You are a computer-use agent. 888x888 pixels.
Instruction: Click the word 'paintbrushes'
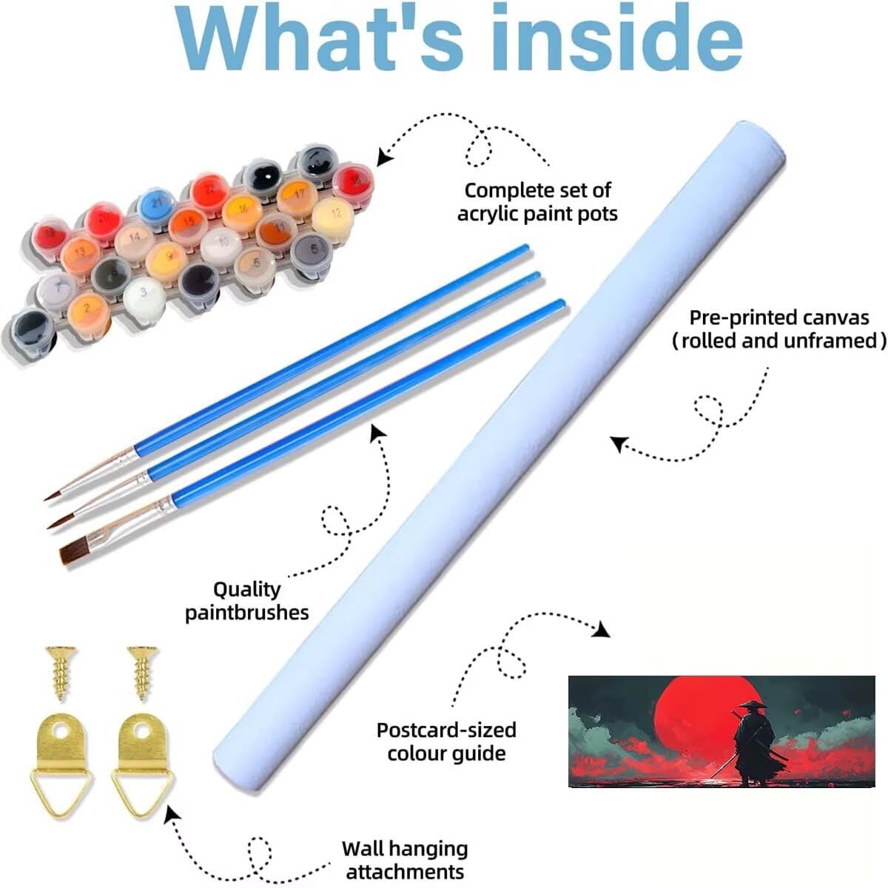pyautogui.click(x=246, y=613)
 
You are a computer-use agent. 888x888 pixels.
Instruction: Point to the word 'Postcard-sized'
pyautogui.click(x=446, y=730)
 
